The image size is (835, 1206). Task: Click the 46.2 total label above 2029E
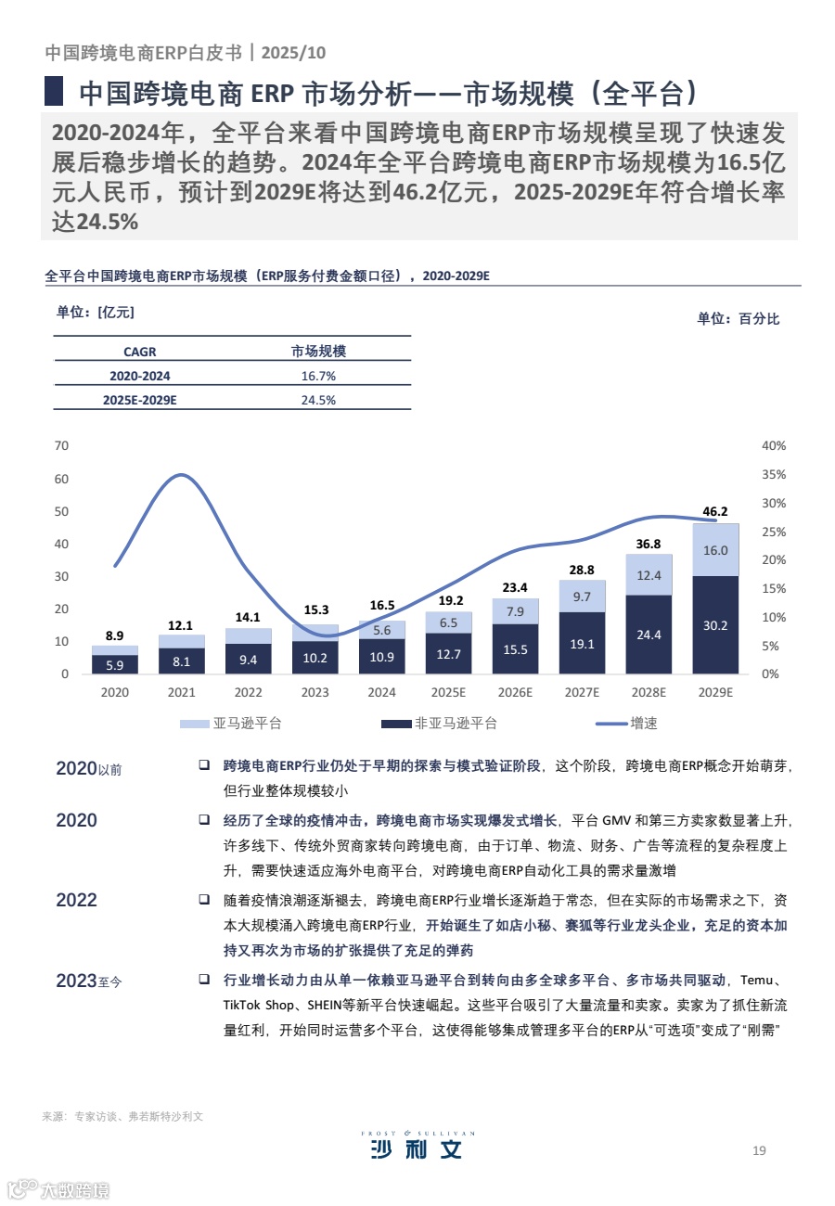point(715,511)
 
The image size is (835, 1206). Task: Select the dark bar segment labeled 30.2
point(715,625)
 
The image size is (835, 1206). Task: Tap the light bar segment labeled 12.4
point(649,575)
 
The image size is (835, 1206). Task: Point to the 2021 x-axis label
point(181,692)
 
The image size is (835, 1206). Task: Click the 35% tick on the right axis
point(773,474)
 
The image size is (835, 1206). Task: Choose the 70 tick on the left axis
point(62,445)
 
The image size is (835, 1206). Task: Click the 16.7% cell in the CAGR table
point(318,376)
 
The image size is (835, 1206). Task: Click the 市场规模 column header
point(318,352)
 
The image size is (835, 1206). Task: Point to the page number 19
point(759,1151)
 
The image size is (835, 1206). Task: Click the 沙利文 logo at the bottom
point(416,1148)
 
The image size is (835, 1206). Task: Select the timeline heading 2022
point(76,900)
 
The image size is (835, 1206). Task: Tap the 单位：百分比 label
point(739,318)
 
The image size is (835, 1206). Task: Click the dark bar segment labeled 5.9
point(114,664)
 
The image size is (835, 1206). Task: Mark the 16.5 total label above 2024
point(381,605)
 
